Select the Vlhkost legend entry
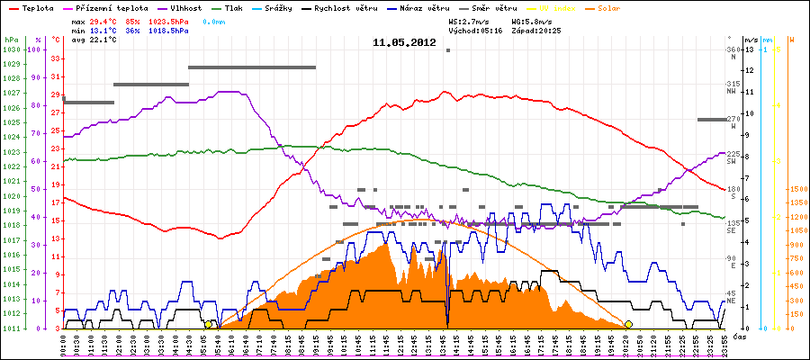click(176, 8)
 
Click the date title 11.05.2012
click(404, 42)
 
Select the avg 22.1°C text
click(94, 40)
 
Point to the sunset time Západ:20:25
click(536, 30)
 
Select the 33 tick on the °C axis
click(56, 58)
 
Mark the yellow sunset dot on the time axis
click(628, 324)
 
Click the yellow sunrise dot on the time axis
click(209, 324)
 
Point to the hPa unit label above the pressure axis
click(11, 40)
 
